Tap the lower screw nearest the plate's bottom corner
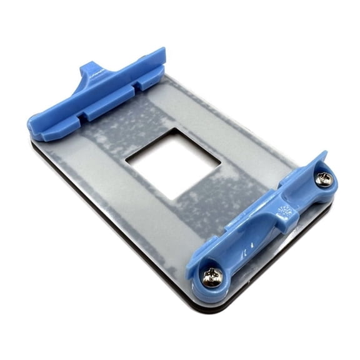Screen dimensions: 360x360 (x=212, y=275)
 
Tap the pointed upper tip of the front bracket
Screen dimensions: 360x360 (x=322, y=154)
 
